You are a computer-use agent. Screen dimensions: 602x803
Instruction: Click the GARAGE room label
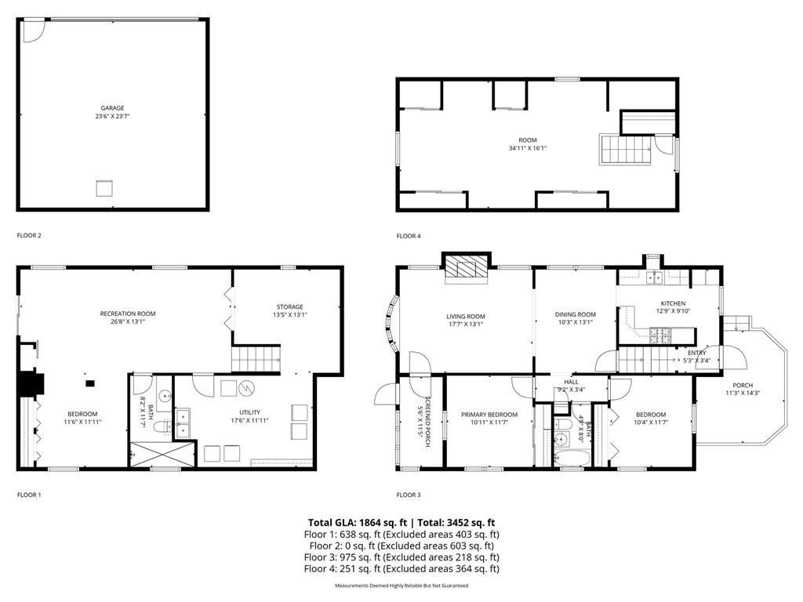click(x=112, y=108)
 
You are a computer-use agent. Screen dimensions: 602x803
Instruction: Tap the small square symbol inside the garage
click(x=104, y=188)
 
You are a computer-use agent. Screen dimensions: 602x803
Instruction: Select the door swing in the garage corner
click(x=33, y=30)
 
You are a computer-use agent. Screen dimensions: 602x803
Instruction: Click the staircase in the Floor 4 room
click(x=627, y=148)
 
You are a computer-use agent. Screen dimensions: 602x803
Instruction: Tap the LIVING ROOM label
click(x=466, y=317)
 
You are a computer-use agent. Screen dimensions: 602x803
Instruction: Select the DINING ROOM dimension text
click(x=576, y=322)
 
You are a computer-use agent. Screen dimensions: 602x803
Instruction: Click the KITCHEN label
click(x=673, y=303)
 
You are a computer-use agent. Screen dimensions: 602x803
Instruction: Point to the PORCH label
click(x=742, y=385)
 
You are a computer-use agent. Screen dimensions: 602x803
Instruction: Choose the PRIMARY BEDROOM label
click(x=489, y=415)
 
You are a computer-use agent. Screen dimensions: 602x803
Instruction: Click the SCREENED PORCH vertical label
click(x=424, y=415)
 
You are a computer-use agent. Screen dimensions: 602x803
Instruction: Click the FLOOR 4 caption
click(x=409, y=236)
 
